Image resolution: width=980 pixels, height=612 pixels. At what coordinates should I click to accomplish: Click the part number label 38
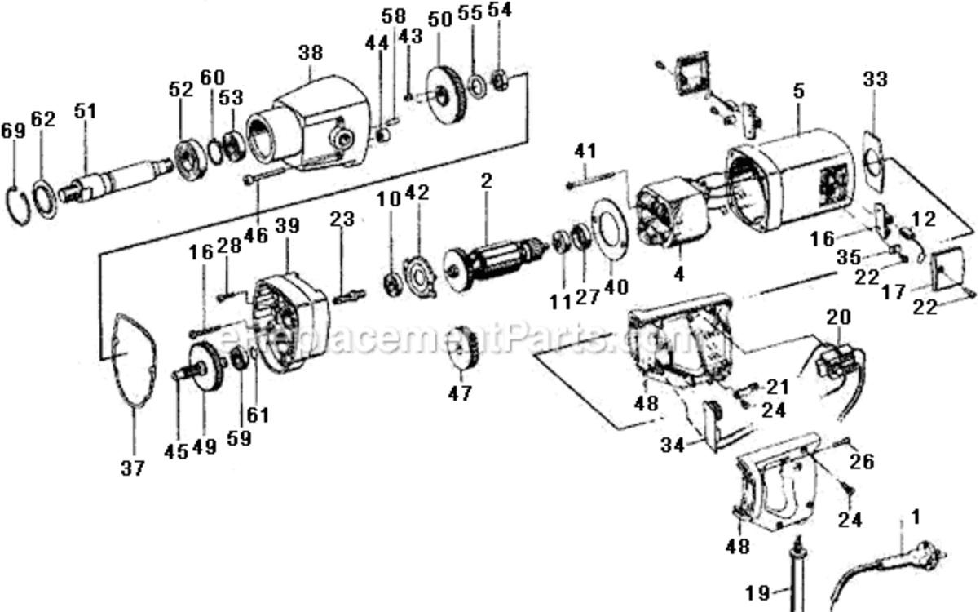click(x=311, y=52)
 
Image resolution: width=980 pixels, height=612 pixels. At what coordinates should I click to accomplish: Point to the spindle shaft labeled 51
click(x=115, y=180)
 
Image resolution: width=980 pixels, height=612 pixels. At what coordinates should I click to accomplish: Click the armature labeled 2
click(x=494, y=263)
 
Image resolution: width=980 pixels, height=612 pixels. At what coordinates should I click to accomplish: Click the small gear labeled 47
click(x=464, y=349)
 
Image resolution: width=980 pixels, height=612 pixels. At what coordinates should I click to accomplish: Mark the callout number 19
click(x=757, y=593)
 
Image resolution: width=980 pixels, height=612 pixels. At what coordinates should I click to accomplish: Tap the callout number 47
click(x=461, y=393)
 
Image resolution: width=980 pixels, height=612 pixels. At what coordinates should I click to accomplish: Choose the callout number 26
click(x=862, y=461)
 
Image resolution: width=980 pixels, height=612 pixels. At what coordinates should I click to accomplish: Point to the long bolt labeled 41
click(x=590, y=180)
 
